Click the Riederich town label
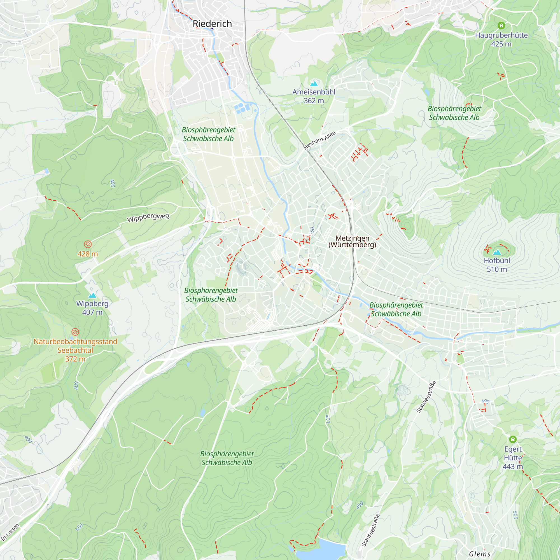click(212, 24)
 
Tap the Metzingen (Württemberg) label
click(352, 241)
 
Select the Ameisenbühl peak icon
click(314, 84)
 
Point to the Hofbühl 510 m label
click(497, 265)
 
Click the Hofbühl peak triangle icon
click(497, 252)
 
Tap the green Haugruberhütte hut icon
click(501, 25)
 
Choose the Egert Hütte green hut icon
click(513, 439)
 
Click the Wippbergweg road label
click(148, 217)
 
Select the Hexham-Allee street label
click(319, 140)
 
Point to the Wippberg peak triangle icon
click(92, 295)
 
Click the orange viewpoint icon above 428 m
click(88, 244)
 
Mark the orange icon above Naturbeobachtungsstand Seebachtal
click(75, 332)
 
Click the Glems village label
click(480, 554)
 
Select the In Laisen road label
click(10, 532)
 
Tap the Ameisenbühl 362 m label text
click(314, 96)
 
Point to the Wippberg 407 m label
click(92, 308)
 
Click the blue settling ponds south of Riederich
click(241, 108)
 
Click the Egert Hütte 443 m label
click(513, 458)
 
